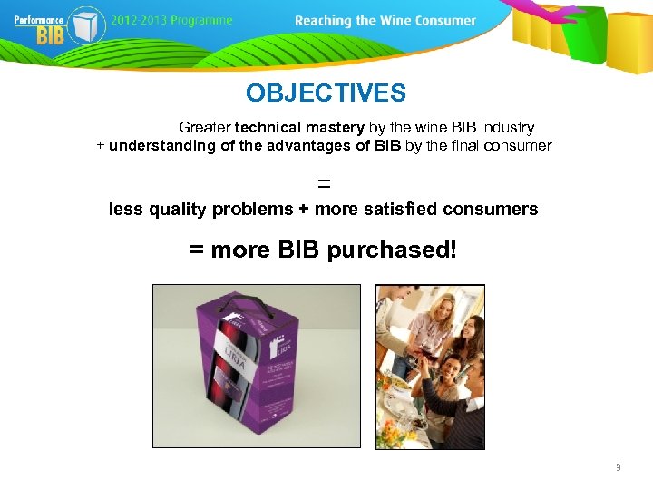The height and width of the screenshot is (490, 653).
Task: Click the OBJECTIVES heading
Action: click(326, 93)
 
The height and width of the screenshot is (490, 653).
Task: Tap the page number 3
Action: click(618, 468)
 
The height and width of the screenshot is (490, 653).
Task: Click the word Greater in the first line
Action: click(205, 128)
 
